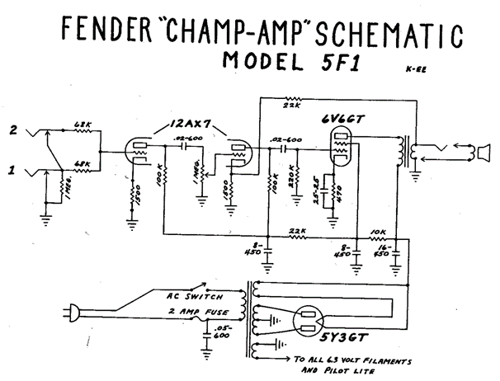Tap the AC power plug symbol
pyautogui.click(x=73, y=313)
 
